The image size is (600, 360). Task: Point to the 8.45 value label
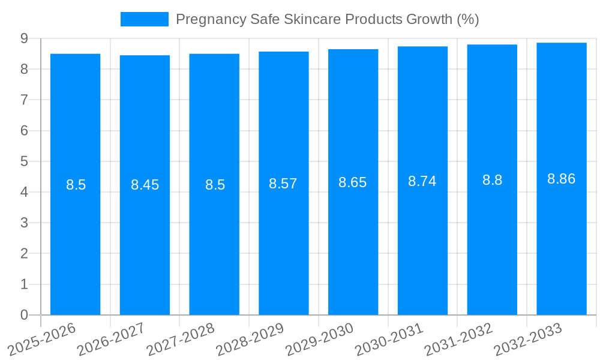pyautogui.click(x=145, y=185)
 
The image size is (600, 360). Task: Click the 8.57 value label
pyautogui.click(x=283, y=184)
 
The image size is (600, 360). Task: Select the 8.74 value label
pyautogui.click(x=422, y=181)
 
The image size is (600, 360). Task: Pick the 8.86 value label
pyautogui.click(x=561, y=179)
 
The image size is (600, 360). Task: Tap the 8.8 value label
pyautogui.click(x=492, y=180)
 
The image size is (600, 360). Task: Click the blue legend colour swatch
pyautogui.click(x=145, y=19)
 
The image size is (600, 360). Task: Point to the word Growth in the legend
pyautogui.click(x=429, y=19)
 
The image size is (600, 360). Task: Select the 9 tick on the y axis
pyautogui.click(x=24, y=38)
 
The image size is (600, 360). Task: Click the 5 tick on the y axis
pyautogui.click(x=24, y=161)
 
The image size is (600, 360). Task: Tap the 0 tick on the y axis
pyautogui.click(x=24, y=315)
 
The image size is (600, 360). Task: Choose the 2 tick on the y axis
pyautogui.click(x=24, y=254)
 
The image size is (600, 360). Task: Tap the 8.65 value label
pyautogui.click(x=353, y=182)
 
